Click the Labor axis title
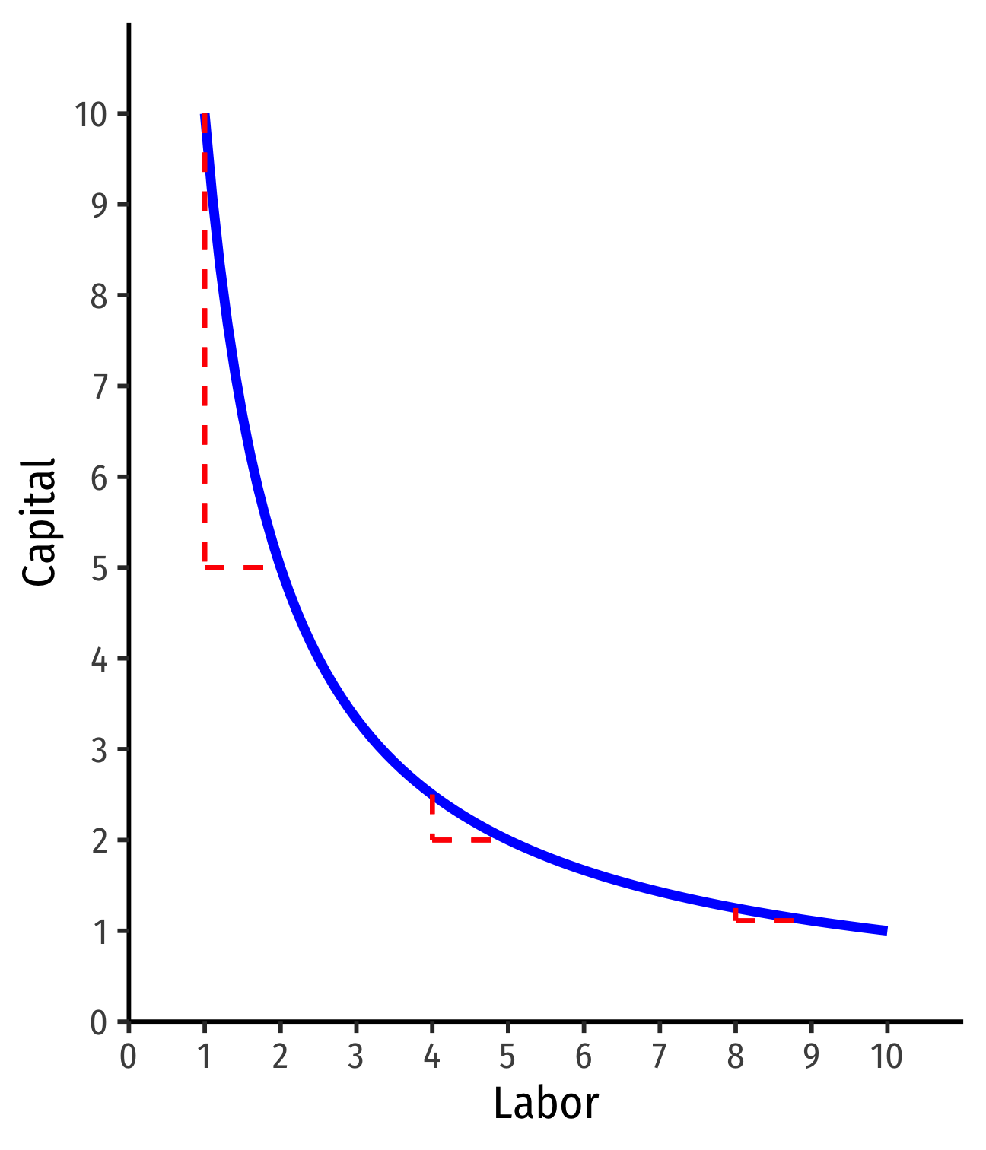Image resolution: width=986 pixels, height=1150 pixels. (x=545, y=1104)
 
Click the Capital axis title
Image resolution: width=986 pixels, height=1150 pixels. (x=40, y=522)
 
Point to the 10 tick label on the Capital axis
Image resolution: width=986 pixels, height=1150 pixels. (x=91, y=115)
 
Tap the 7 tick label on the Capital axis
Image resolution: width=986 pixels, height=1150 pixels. (x=99, y=386)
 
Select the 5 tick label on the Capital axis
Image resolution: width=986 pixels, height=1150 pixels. (x=99, y=568)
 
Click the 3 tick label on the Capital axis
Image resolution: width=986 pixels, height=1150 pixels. (x=99, y=750)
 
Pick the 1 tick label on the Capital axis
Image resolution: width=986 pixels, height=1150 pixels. (x=99, y=931)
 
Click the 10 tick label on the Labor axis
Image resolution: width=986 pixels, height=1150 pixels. (x=886, y=1057)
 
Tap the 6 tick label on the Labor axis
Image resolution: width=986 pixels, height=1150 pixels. (x=584, y=1057)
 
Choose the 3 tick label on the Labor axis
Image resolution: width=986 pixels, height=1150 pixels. (x=356, y=1057)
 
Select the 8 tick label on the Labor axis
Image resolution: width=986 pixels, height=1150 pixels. (x=735, y=1057)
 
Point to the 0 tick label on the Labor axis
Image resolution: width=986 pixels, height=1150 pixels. (x=129, y=1057)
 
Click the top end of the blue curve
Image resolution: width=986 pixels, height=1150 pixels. (x=205, y=116)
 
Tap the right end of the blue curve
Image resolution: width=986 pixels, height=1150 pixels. (x=885, y=930)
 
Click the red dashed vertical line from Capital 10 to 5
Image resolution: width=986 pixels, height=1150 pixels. (x=205, y=342)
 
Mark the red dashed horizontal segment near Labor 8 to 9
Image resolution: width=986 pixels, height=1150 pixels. (x=764, y=920)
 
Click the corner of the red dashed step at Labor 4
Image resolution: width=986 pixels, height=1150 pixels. (x=432, y=840)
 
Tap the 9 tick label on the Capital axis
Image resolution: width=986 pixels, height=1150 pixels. (x=99, y=205)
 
